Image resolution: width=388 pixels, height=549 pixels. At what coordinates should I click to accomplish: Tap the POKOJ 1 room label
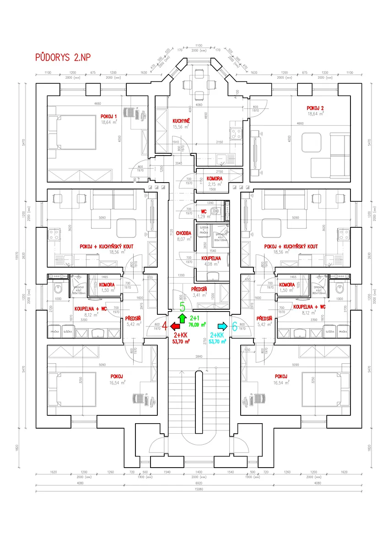pyautogui.click(x=109, y=116)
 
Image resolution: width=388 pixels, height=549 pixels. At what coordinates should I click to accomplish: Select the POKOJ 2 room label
pyautogui.click(x=315, y=108)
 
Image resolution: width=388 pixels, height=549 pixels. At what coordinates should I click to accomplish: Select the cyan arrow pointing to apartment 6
pyautogui.click(x=222, y=326)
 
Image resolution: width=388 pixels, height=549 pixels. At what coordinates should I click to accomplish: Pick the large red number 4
pyautogui.click(x=165, y=326)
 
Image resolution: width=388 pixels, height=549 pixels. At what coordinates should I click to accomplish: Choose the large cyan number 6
pyautogui.click(x=235, y=326)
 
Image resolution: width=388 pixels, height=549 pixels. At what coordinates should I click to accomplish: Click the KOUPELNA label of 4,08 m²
pyautogui.click(x=211, y=258)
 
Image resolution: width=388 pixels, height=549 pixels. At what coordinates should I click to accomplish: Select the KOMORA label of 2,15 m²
pyautogui.click(x=214, y=178)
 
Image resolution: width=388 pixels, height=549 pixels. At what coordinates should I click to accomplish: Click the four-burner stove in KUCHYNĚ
pyautogui.click(x=236, y=134)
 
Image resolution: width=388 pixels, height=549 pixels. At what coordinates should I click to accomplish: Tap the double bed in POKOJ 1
pyautogui.click(x=72, y=132)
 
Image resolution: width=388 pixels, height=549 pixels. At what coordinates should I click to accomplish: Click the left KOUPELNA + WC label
pyautogui.click(x=91, y=308)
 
